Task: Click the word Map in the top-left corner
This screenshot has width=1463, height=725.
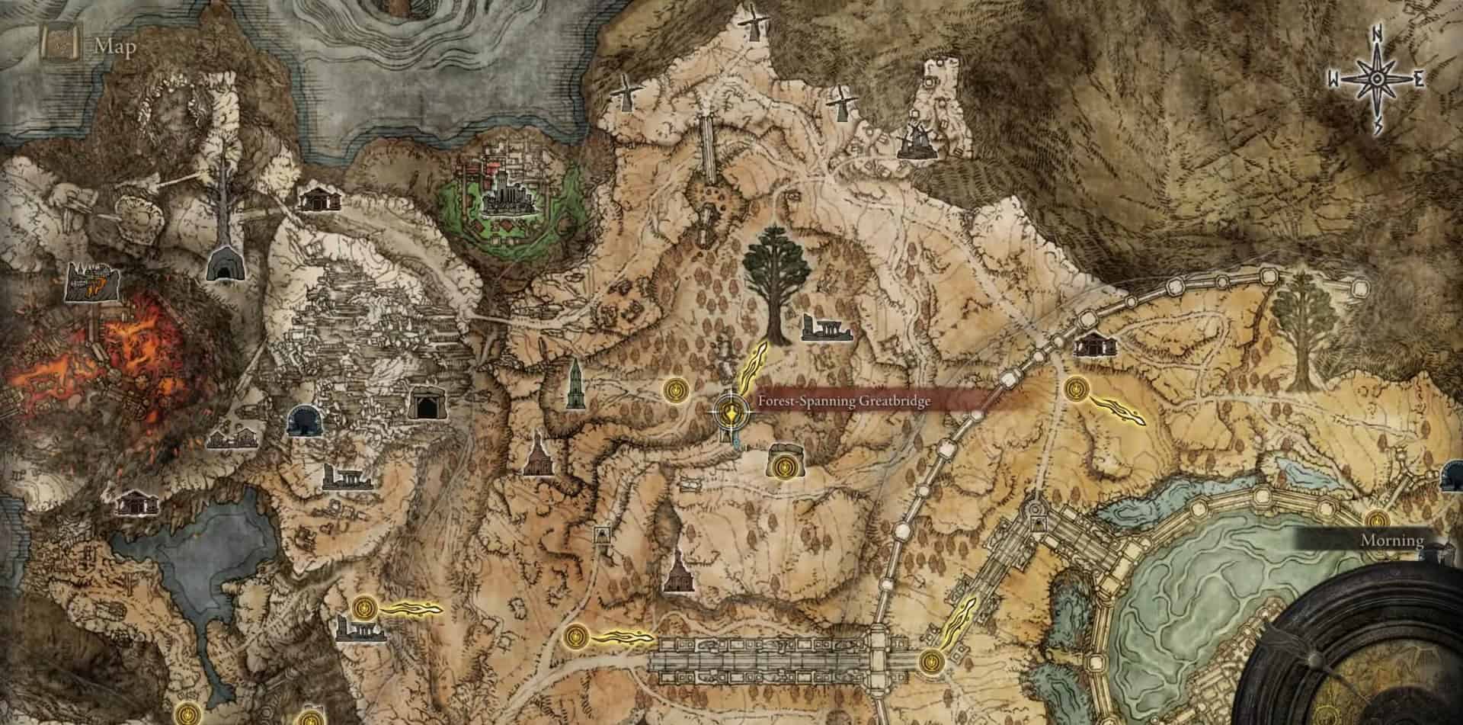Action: tap(116, 48)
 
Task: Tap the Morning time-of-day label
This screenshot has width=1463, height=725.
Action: tap(1392, 541)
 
